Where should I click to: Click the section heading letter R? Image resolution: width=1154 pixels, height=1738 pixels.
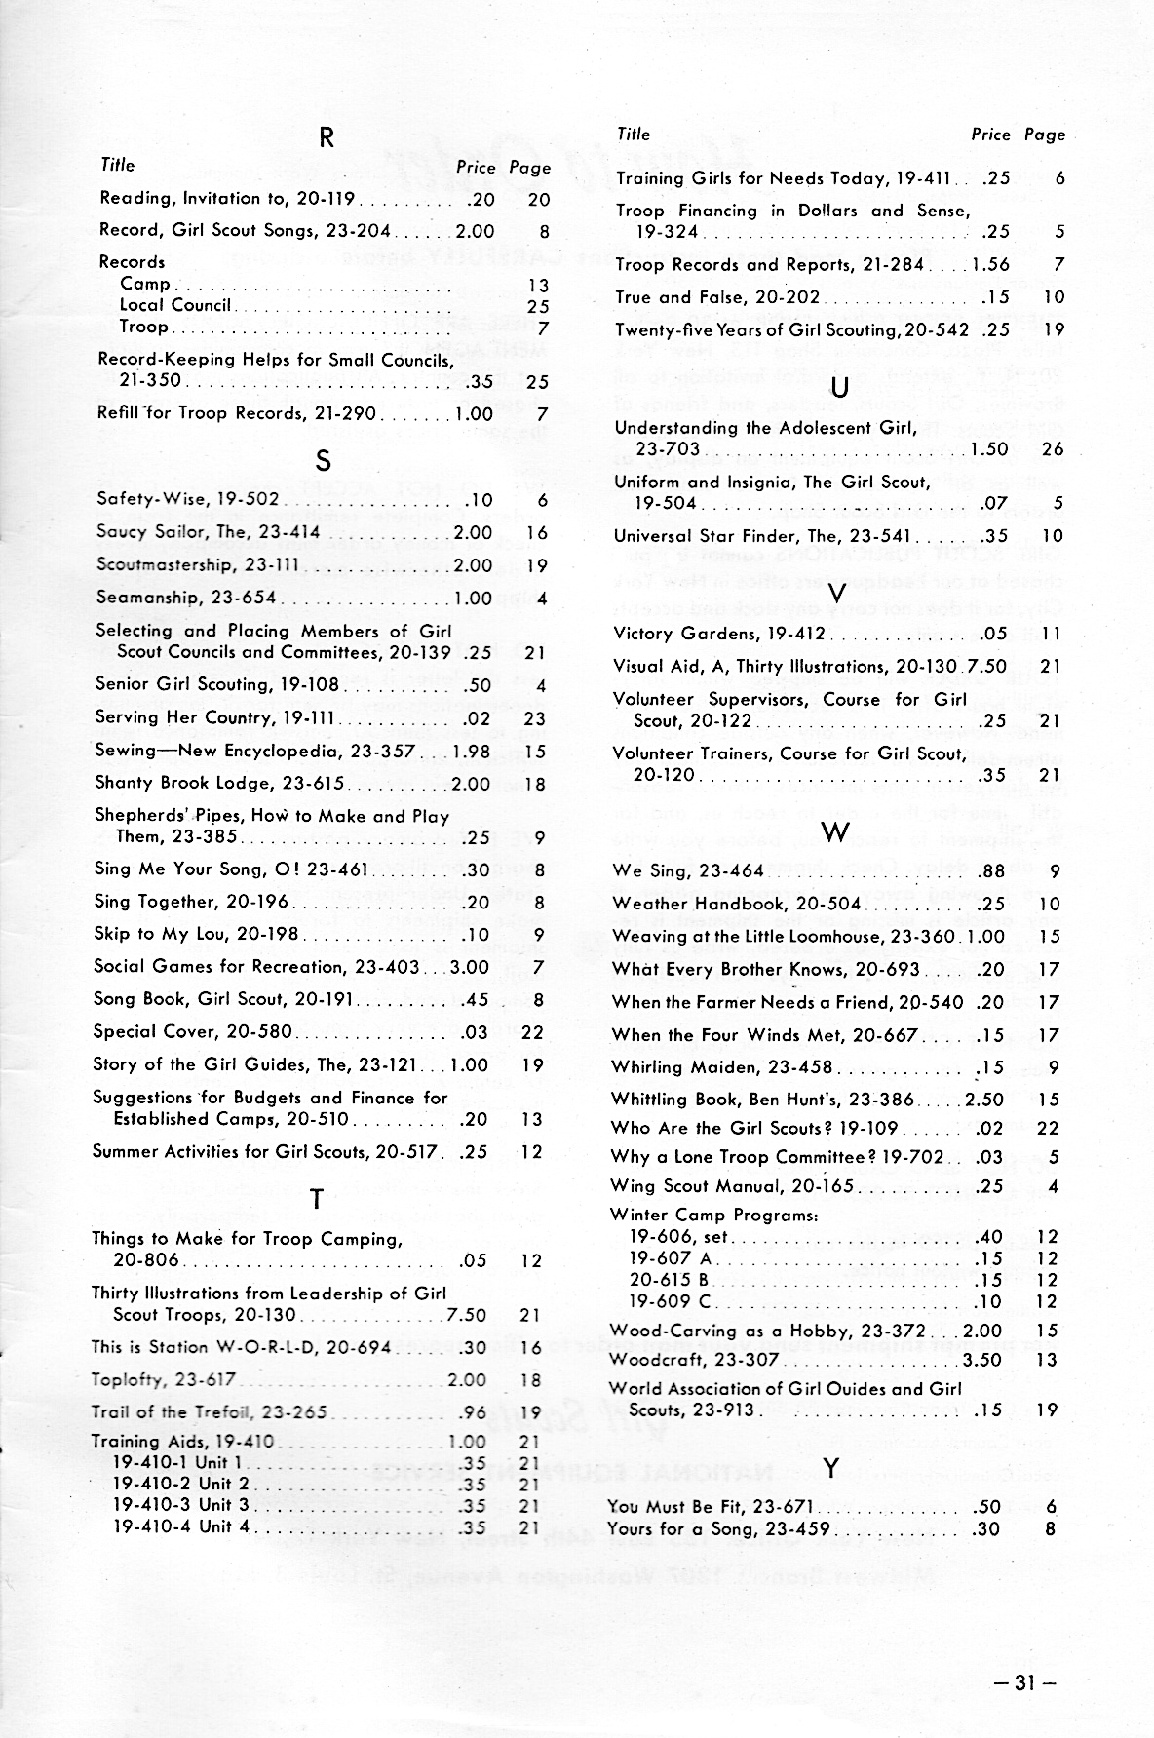[327, 138]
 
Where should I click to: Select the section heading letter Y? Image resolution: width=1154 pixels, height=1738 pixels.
[830, 1468]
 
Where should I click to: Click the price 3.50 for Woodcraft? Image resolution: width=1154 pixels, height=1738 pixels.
[982, 1360]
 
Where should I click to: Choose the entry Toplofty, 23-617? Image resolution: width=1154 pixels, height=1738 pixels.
[164, 1380]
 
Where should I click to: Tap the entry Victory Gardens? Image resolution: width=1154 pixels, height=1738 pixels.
[719, 634]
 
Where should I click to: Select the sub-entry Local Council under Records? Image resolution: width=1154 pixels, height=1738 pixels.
[175, 305]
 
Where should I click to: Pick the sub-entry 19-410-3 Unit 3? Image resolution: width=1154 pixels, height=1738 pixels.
[180, 1505]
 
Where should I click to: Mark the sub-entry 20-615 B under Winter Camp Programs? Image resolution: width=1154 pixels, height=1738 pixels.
[669, 1280]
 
